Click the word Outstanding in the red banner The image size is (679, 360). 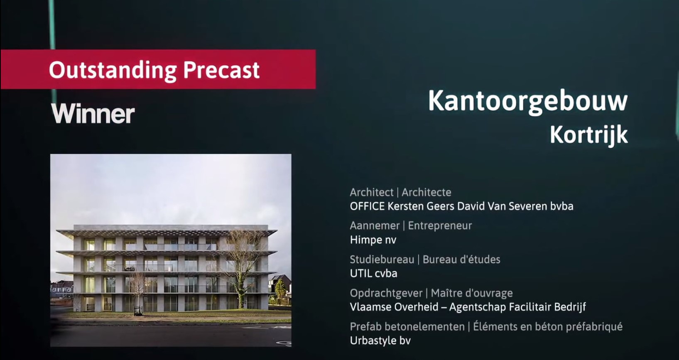(113, 71)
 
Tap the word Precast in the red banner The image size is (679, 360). (221, 70)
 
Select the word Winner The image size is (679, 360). (93, 114)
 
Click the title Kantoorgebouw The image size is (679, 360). (528, 102)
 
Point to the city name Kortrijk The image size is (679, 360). (588, 135)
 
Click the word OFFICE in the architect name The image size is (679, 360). (368, 206)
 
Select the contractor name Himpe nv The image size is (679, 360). (373, 240)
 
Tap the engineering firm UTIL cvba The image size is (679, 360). (373, 273)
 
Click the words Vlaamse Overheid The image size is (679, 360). (394, 307)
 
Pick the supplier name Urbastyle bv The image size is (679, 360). (380, 340)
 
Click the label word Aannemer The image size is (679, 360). (375, 226)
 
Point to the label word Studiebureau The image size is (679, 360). (382, 260)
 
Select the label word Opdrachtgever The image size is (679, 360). (386, 293)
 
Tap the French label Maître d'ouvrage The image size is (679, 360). (472, 293)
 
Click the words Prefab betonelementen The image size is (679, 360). (407, 327)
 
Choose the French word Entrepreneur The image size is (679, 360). (440, 226)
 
